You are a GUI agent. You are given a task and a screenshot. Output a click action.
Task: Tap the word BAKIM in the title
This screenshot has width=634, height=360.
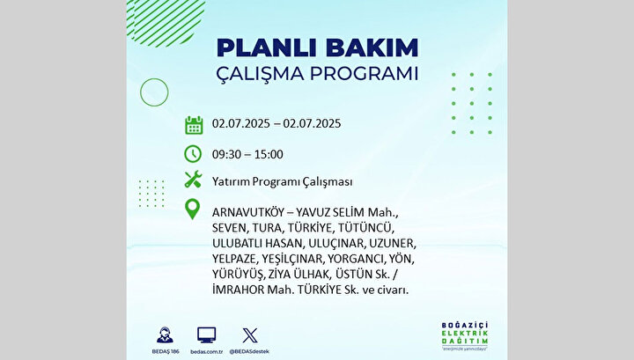click(x=372, y=48)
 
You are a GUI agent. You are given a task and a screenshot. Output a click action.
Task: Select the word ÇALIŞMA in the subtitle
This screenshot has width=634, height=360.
click(x=260, y=74)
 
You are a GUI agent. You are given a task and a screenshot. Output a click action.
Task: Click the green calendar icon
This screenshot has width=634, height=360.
click(x=194, y=125)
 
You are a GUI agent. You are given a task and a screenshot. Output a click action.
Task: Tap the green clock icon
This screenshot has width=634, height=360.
click(x=193, y=154)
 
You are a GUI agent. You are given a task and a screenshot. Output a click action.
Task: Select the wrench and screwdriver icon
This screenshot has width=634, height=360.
click(x=193, y=179)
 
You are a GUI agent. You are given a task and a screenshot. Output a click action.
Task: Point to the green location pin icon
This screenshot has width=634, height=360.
click(x=192, y=209)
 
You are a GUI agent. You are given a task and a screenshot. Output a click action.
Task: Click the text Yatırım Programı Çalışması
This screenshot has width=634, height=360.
click(x=283, y=182)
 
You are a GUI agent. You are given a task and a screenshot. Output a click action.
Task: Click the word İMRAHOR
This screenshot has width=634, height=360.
click(x=238, y=290)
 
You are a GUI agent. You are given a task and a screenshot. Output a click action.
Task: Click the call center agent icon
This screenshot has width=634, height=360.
click(x=165, y=335)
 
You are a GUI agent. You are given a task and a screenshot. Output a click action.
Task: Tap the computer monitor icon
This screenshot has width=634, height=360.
click(x=207, y=335)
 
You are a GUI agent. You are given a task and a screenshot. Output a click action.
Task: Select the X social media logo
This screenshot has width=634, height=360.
click(x=250, y=335)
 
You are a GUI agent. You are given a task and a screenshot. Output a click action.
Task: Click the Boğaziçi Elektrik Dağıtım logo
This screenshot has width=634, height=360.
click(x=465, y=335)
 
